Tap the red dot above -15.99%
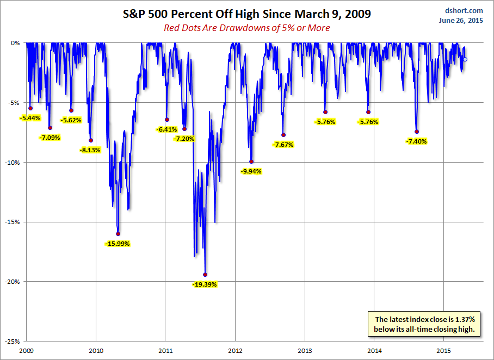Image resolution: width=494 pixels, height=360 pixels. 118,234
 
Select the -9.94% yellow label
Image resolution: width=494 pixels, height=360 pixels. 251,171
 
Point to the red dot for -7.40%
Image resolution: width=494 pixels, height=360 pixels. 417,132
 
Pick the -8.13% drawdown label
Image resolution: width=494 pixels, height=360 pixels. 90,150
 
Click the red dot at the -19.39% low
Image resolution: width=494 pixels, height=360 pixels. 205,275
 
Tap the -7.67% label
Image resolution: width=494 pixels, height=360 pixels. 283,145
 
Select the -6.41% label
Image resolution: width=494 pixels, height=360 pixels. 166,129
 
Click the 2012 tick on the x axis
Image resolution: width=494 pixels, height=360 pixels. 235,351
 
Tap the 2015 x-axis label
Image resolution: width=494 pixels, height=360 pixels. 443,351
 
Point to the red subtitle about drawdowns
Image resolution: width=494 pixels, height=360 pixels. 246,28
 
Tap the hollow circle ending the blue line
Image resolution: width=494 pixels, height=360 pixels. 465,59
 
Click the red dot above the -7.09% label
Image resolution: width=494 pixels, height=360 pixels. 50,128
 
